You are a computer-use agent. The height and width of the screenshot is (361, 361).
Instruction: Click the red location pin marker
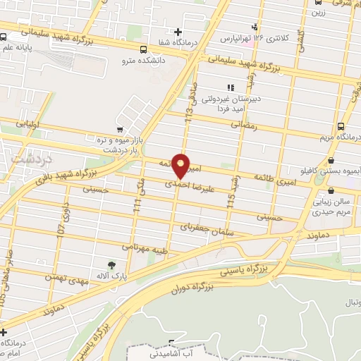pyautogui.click(x=181, y=165)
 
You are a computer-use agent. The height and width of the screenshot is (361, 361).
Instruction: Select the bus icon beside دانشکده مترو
pyautogui.click(x=143, y=50)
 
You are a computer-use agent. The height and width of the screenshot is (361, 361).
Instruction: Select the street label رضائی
pyautogui.click(x=250, y=123)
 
